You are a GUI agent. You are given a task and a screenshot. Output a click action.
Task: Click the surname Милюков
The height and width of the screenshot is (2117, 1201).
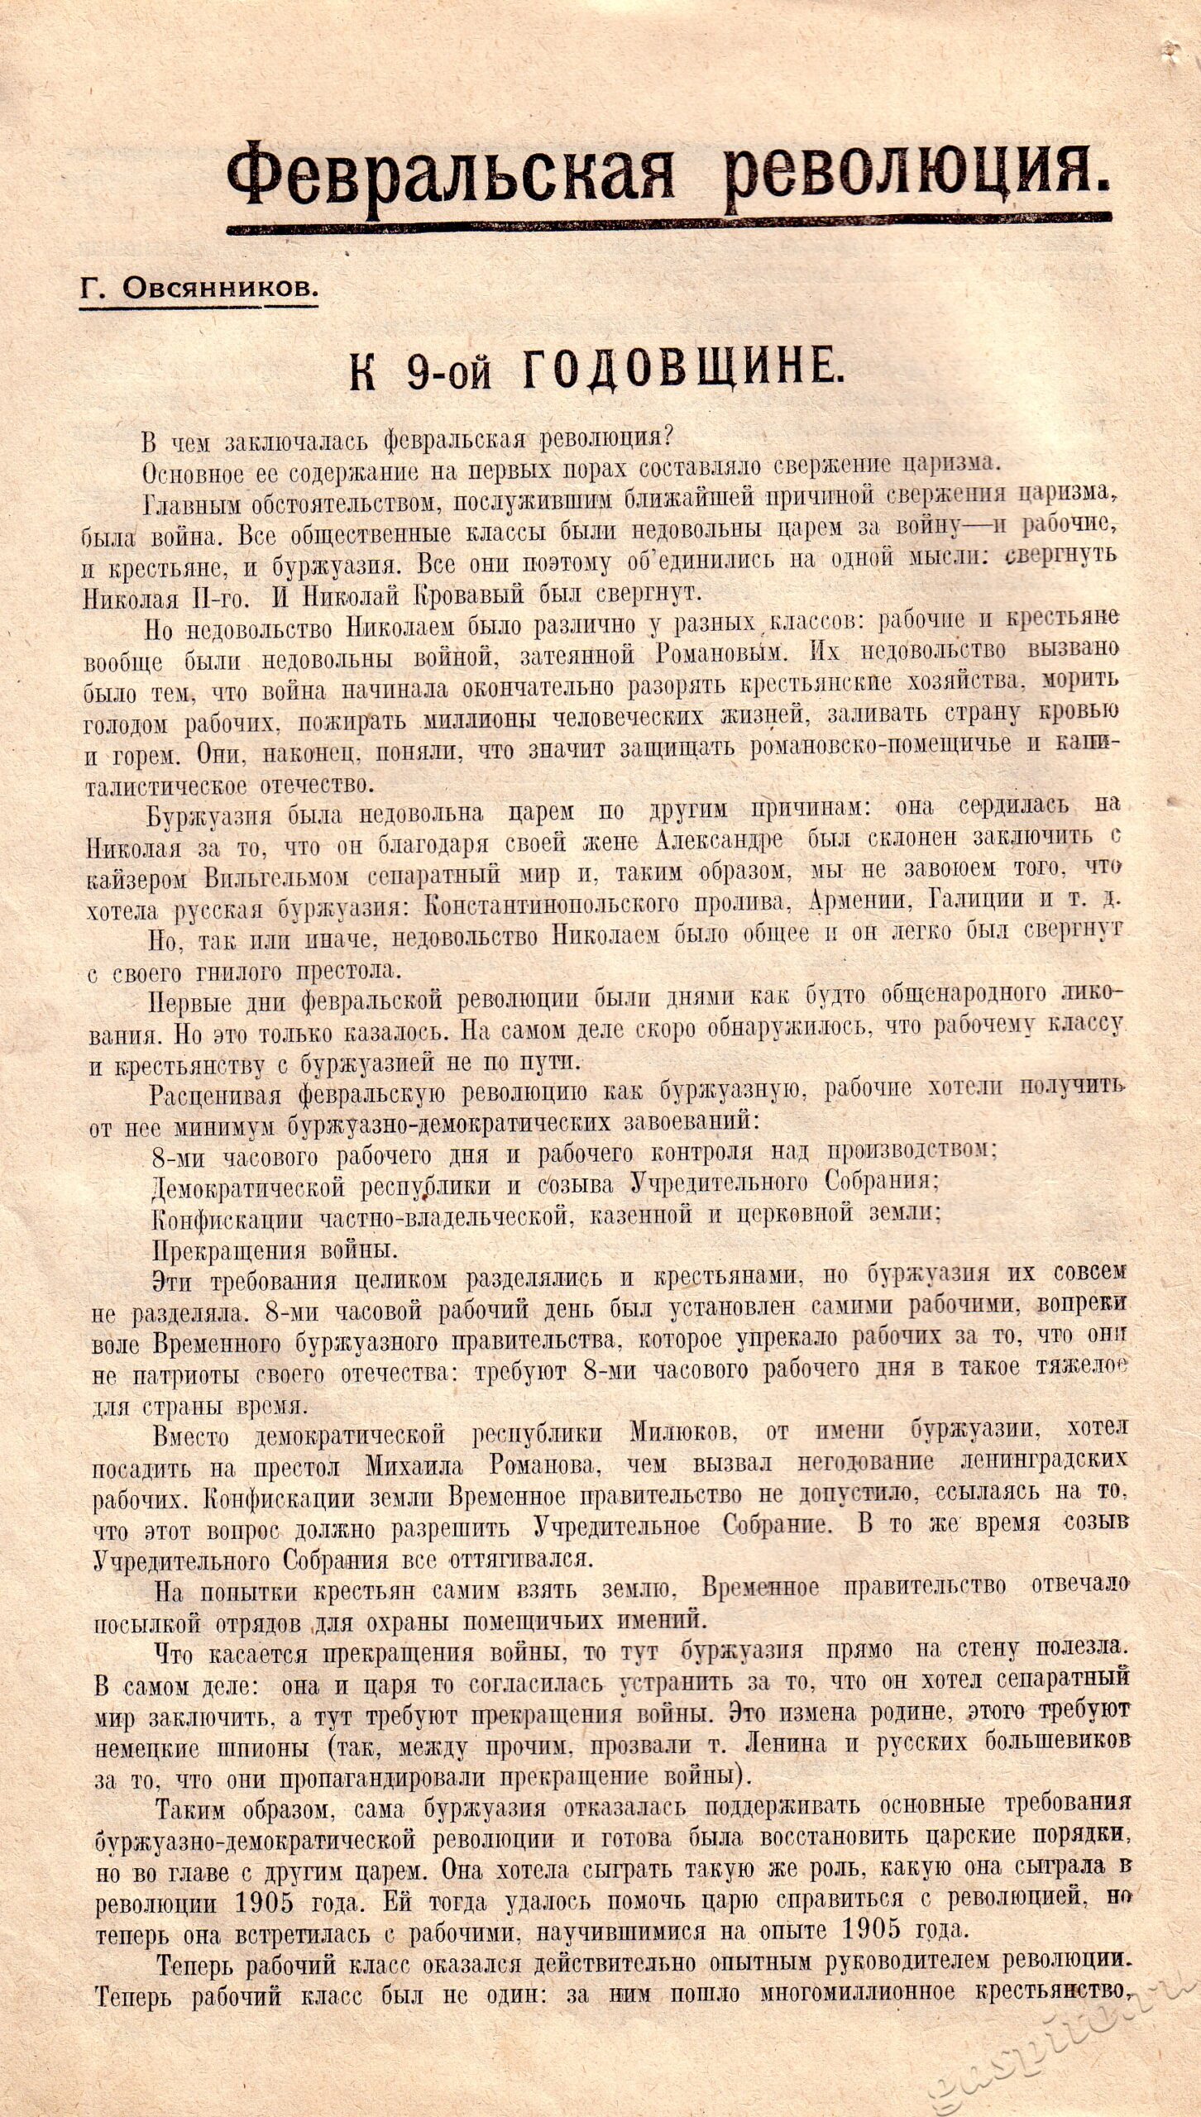click(x=683, y=1431)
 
